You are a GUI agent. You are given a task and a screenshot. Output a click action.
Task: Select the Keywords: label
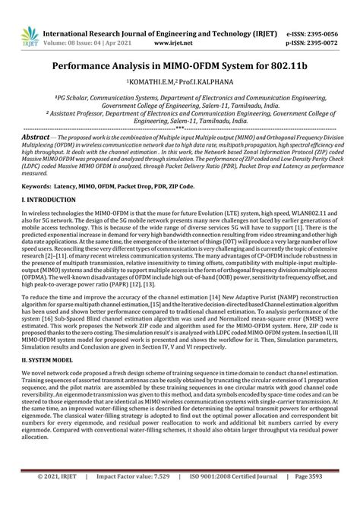tap(41, 185)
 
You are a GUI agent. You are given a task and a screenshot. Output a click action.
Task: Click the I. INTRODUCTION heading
tap(49, 199)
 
